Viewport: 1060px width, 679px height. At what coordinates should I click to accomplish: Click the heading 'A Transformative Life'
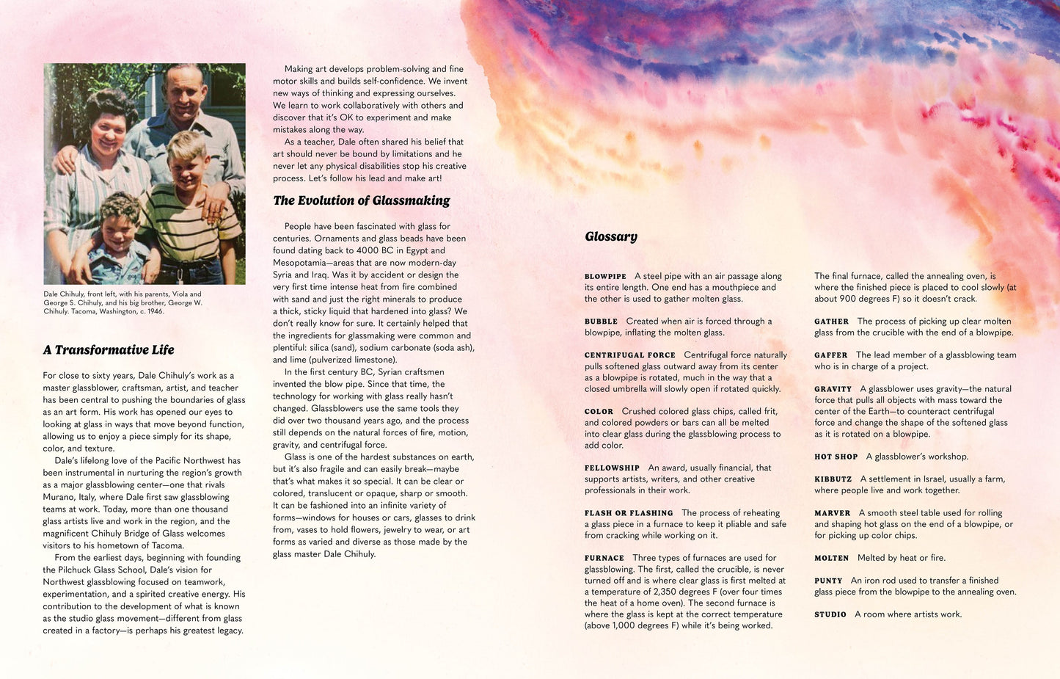tap(109, 350)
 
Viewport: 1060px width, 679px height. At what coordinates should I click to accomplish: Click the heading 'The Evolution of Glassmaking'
tap(362, 200)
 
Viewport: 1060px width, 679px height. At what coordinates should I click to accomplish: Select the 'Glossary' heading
tap(611, 236)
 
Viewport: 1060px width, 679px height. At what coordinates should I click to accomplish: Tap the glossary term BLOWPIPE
tap(605, 277)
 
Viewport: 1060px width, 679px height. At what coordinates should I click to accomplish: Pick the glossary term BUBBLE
tap(601, 322)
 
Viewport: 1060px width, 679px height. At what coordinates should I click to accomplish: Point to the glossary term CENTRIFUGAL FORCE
tap(629, 355)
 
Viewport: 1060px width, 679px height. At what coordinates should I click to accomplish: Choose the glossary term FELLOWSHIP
tap(612, 468)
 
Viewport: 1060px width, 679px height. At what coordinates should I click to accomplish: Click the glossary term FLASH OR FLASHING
tap(629, 513)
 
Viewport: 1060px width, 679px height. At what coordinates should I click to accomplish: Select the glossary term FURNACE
tap(604, 559)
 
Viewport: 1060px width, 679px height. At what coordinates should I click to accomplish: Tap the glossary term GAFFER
tap(831, 355)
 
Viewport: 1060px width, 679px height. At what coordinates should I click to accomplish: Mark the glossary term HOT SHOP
tap(836, 457)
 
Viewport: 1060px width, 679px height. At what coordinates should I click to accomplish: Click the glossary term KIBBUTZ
tap(833, 479)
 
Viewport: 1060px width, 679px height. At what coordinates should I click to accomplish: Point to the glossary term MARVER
tap(832, 513)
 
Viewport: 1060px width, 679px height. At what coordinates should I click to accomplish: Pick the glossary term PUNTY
tap(828, 581)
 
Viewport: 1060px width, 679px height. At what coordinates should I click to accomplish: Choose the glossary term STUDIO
tap(830, 614)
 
